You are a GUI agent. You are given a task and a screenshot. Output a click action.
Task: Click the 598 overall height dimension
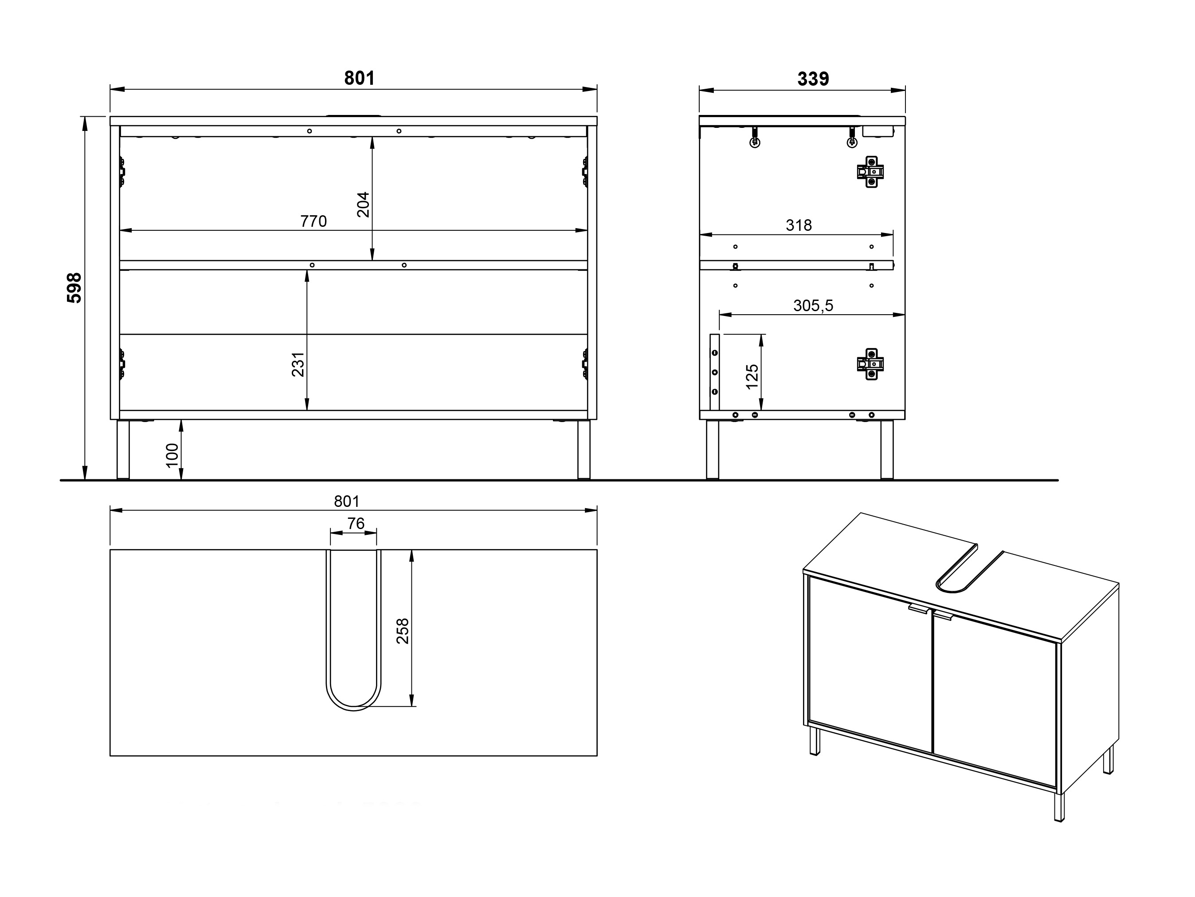point(74,288)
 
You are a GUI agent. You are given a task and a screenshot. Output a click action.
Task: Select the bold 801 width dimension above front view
point(359,79)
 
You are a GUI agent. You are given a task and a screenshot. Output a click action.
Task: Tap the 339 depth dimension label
point(813,79)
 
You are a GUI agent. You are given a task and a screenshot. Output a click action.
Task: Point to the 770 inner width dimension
point(313,221)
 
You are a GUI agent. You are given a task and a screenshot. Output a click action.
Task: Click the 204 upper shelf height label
point(363,204)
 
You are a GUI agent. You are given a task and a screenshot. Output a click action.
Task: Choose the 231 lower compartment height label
point(298,364)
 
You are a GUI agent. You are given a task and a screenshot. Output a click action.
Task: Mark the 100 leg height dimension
point(172,455)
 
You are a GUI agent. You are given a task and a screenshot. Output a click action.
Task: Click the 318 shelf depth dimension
point(799,225)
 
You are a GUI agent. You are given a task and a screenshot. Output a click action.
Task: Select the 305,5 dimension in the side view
point(813,305)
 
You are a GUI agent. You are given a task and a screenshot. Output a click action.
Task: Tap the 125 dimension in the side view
point(752,377)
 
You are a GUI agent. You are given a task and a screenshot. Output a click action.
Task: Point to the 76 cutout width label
point(356,523)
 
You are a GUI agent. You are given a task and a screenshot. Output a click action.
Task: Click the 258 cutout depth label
point(403,631)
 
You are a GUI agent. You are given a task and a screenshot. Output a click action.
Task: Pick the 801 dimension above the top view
point(346,501)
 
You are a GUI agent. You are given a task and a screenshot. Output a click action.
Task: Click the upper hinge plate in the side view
point(870,172)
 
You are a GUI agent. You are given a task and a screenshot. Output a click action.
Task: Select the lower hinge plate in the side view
point(870,364)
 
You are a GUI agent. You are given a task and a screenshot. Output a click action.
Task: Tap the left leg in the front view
point(123,449)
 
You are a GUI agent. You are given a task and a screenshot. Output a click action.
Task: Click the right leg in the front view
point(584,449)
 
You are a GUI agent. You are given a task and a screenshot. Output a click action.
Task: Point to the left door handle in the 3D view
point(918,609)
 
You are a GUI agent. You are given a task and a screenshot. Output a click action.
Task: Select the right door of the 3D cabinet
point(995,702)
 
